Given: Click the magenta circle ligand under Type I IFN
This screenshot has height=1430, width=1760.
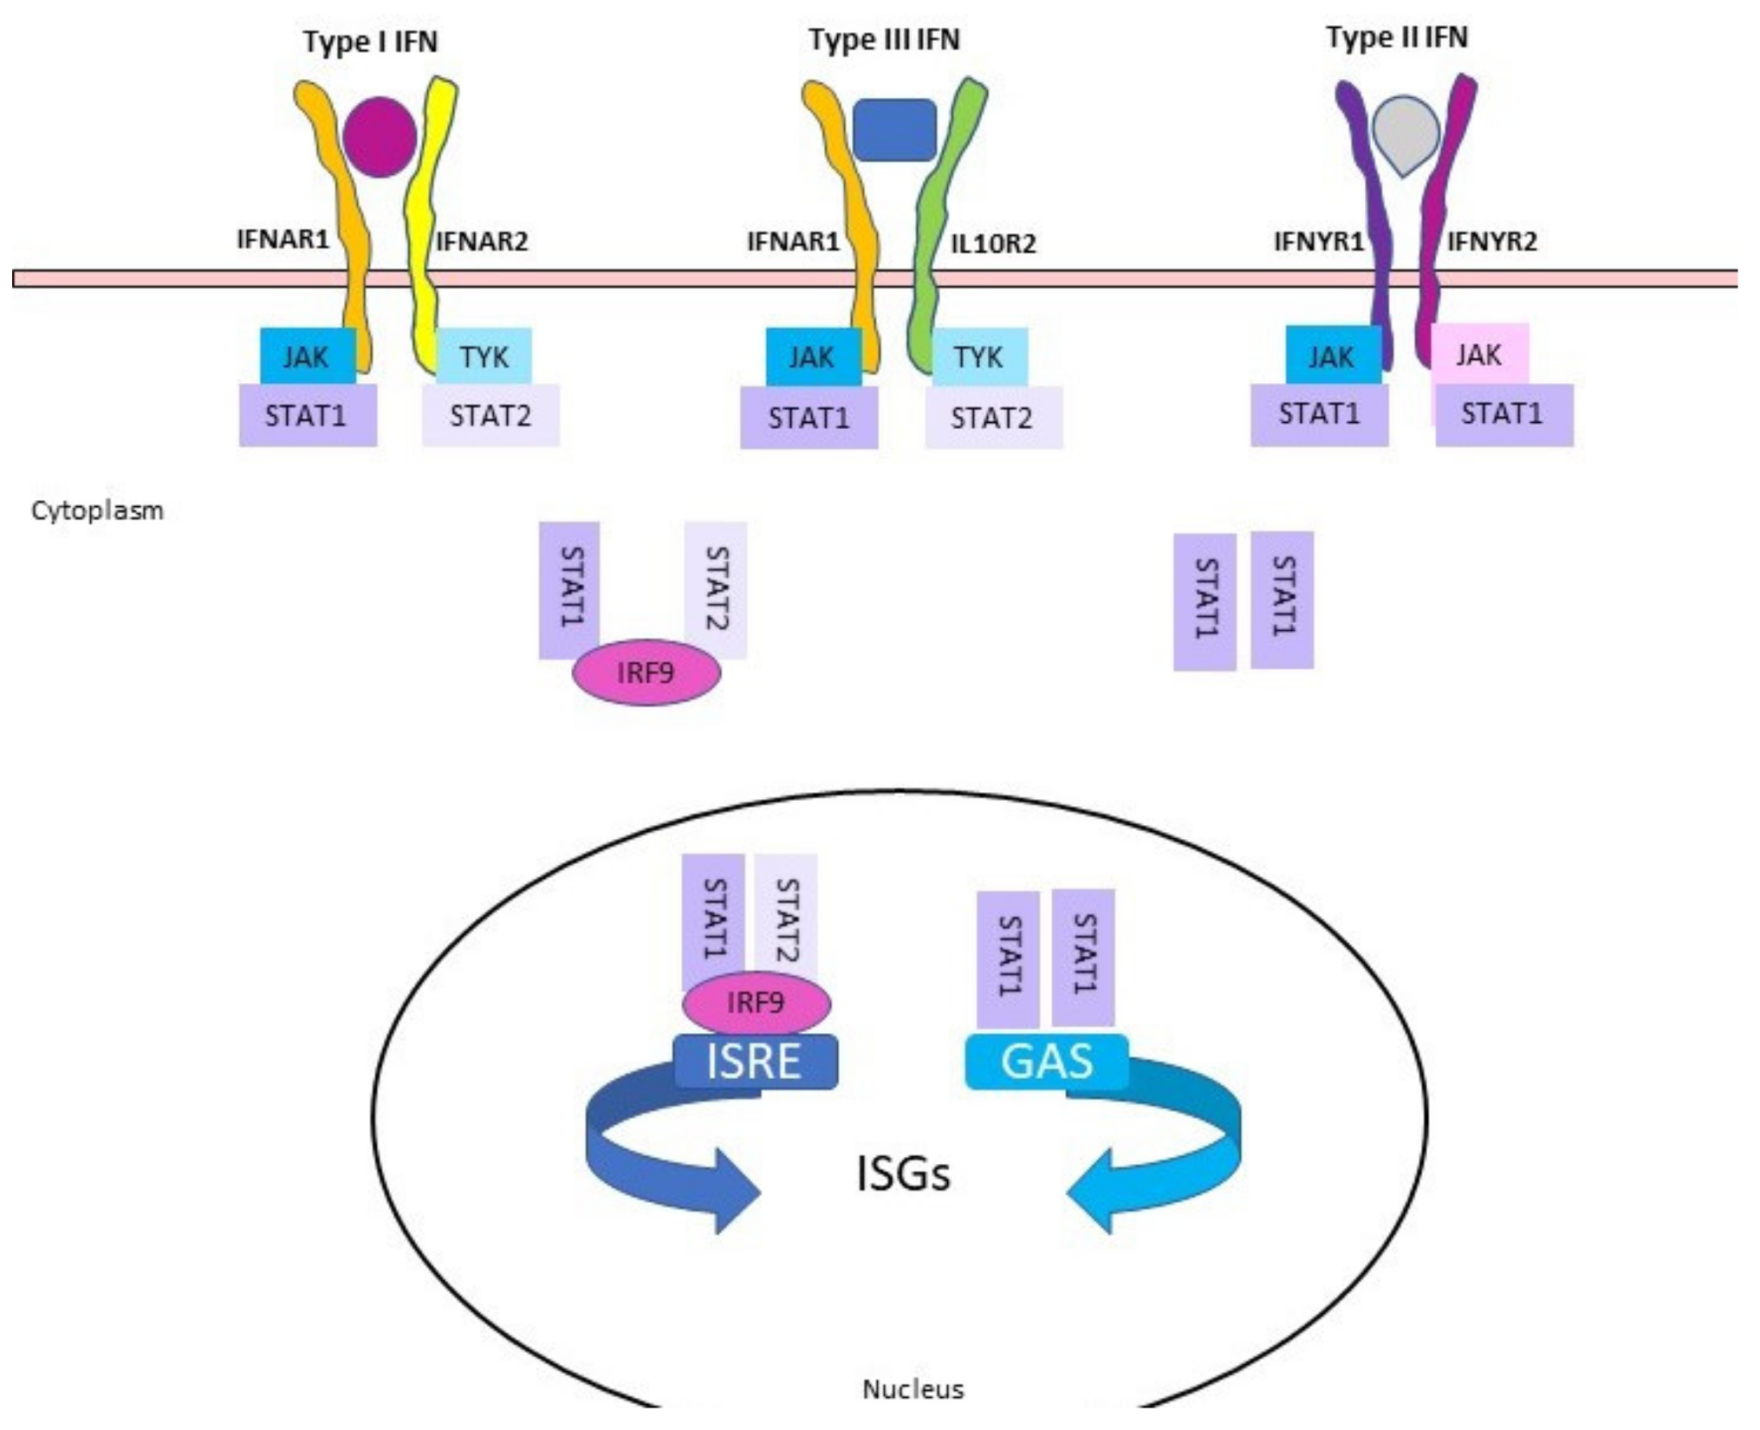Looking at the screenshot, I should [380, 137].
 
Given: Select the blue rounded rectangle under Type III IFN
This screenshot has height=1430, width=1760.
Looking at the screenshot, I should [894, 130].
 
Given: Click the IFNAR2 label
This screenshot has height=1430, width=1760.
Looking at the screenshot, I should [482, 241].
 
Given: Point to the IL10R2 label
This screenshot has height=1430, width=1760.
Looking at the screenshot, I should [993, 244].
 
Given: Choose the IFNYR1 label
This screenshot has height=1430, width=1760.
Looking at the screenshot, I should [1318, 242].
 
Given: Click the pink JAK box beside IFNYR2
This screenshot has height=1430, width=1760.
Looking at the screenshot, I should [1479, 354].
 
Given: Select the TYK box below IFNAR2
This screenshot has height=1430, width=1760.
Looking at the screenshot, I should [484, 356].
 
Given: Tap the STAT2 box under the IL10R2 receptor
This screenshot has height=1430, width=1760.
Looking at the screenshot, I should [992, 419].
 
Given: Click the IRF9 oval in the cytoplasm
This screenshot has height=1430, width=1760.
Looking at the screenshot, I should [646, 673].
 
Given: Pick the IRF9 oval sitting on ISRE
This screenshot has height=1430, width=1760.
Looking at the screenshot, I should [756, 1003].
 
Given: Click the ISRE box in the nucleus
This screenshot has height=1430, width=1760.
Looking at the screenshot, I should [755, 1062].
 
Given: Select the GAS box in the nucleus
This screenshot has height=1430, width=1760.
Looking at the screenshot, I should [1047, 1062].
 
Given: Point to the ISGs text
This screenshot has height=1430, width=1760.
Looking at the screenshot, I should [903, 1174].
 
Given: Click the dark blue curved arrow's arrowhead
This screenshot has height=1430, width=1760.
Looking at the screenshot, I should [737, 1192].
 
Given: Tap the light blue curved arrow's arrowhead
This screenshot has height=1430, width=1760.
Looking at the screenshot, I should [1092, 1192].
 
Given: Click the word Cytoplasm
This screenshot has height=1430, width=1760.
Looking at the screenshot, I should [97, 510].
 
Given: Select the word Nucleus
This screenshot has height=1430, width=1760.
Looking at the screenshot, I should [912, 1389].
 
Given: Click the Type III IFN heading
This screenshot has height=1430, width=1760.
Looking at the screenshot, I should [884, 40].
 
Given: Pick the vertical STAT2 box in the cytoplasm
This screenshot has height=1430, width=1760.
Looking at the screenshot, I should [716, 589].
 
